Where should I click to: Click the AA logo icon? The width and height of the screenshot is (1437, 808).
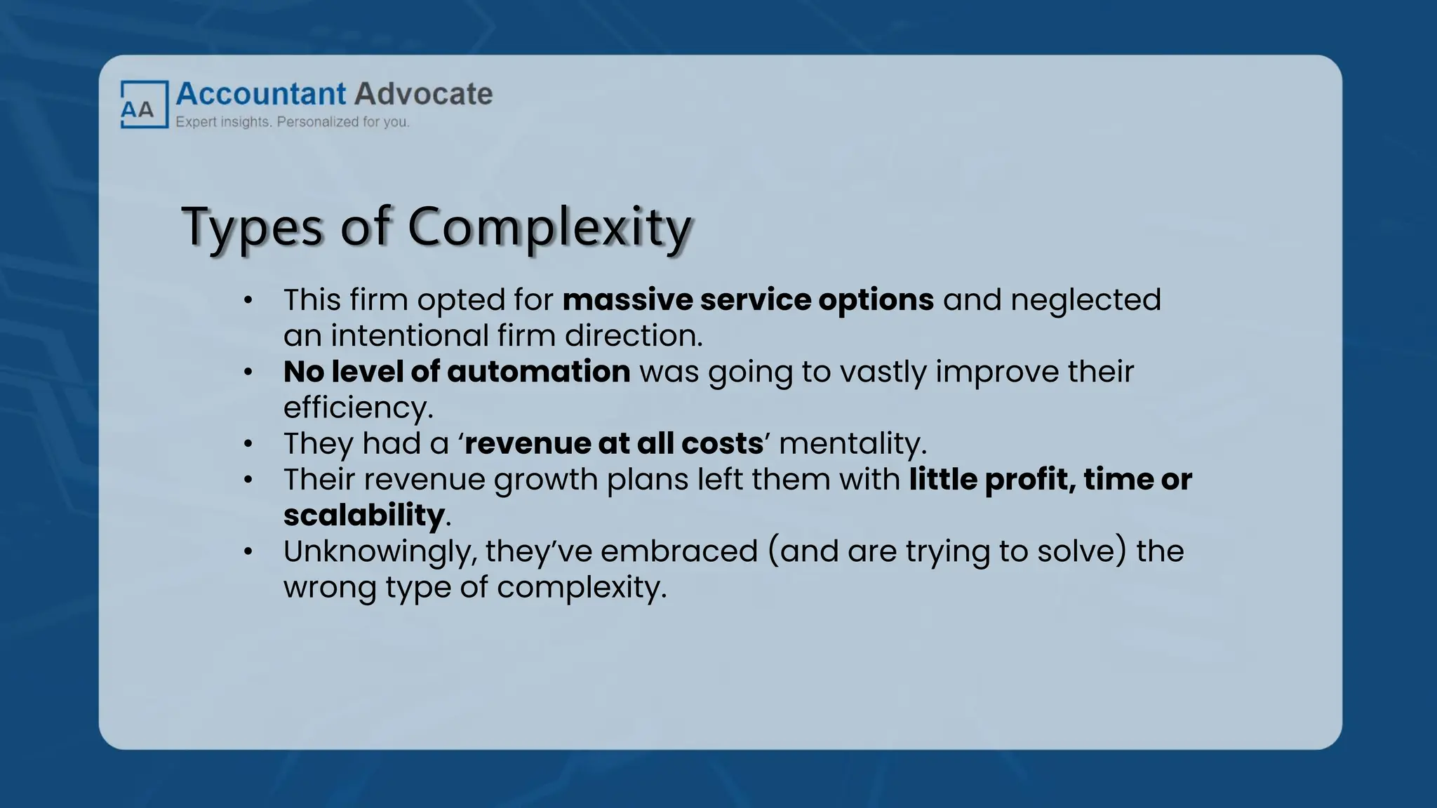tap(144, 105)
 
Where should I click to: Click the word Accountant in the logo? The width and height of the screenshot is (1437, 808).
tap(261, 94)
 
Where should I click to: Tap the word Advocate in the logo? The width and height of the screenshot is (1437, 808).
tap(423, 94)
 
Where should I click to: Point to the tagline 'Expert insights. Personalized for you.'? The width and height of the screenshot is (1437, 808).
tap(292, 122)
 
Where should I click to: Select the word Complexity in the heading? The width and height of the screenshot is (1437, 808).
tap(549, 227)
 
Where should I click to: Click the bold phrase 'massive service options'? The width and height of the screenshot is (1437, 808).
tap(748, 300)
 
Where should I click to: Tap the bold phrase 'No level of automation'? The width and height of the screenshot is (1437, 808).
tap(456, 372)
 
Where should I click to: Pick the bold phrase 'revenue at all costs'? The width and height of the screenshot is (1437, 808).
tap(614, 443)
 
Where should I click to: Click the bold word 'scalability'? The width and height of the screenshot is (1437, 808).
tap(363, 516)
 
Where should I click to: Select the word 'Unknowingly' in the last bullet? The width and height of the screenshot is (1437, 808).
tap(379, 552)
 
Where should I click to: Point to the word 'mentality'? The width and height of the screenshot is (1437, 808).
tap(851, 443)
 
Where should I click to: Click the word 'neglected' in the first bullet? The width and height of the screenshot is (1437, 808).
tap(1085, 300)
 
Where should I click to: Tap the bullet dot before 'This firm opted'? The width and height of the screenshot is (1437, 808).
tap(248, 301)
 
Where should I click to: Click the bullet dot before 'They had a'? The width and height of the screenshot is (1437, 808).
tap(248, 444)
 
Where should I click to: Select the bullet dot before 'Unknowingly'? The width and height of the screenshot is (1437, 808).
tap(248, 552)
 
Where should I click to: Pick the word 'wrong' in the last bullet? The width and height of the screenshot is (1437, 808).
tap(330, 588)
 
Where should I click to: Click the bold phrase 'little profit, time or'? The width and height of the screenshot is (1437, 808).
tap(1050, 480)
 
